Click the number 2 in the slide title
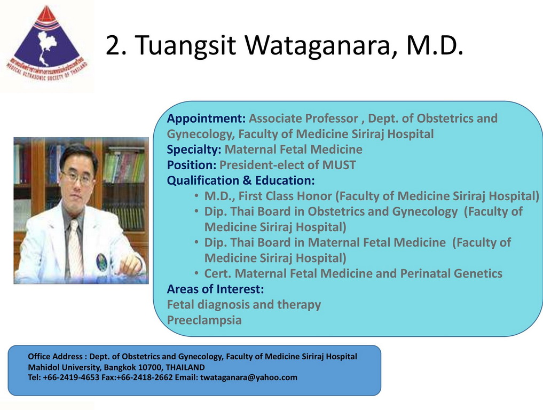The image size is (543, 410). tap(113, 45)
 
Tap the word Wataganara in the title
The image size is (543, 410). tap(320, 45)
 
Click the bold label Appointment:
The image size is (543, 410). tap(207, 119)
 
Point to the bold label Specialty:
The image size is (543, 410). tap(194, 149)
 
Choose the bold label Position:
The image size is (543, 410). tap(192, 165)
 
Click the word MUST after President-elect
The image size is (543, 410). tap(339, 165)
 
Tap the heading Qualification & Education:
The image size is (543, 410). tap(241, 180)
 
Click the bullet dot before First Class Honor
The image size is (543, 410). tap(196, 195)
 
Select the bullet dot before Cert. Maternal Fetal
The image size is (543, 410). tap(196, 273)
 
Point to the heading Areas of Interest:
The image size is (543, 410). tap(215, 289)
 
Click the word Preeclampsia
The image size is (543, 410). tap(204, 320)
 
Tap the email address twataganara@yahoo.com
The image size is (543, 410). tap(249, 377)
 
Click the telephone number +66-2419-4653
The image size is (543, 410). tap(71, 377)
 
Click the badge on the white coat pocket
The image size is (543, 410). tap(101, 262)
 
